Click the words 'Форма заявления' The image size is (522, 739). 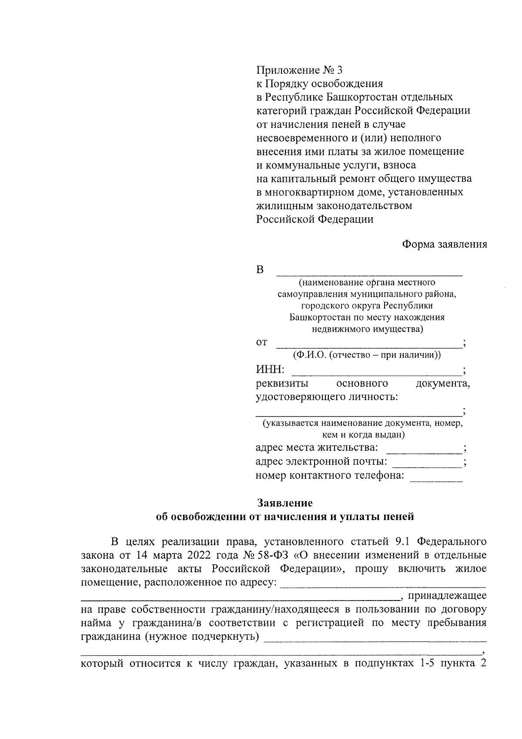click(x=444, y=244)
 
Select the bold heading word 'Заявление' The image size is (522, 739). click(x=285, y=503)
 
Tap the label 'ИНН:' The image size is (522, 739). click(x=270, y=370)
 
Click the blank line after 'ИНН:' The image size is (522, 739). click(x=376, y=374)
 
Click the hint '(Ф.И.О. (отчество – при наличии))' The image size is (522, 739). click(x=367, y=355)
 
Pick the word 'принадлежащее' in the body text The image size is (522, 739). click(x=447, y=595)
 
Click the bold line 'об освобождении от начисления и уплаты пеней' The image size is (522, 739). click(x=285, y=517)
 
